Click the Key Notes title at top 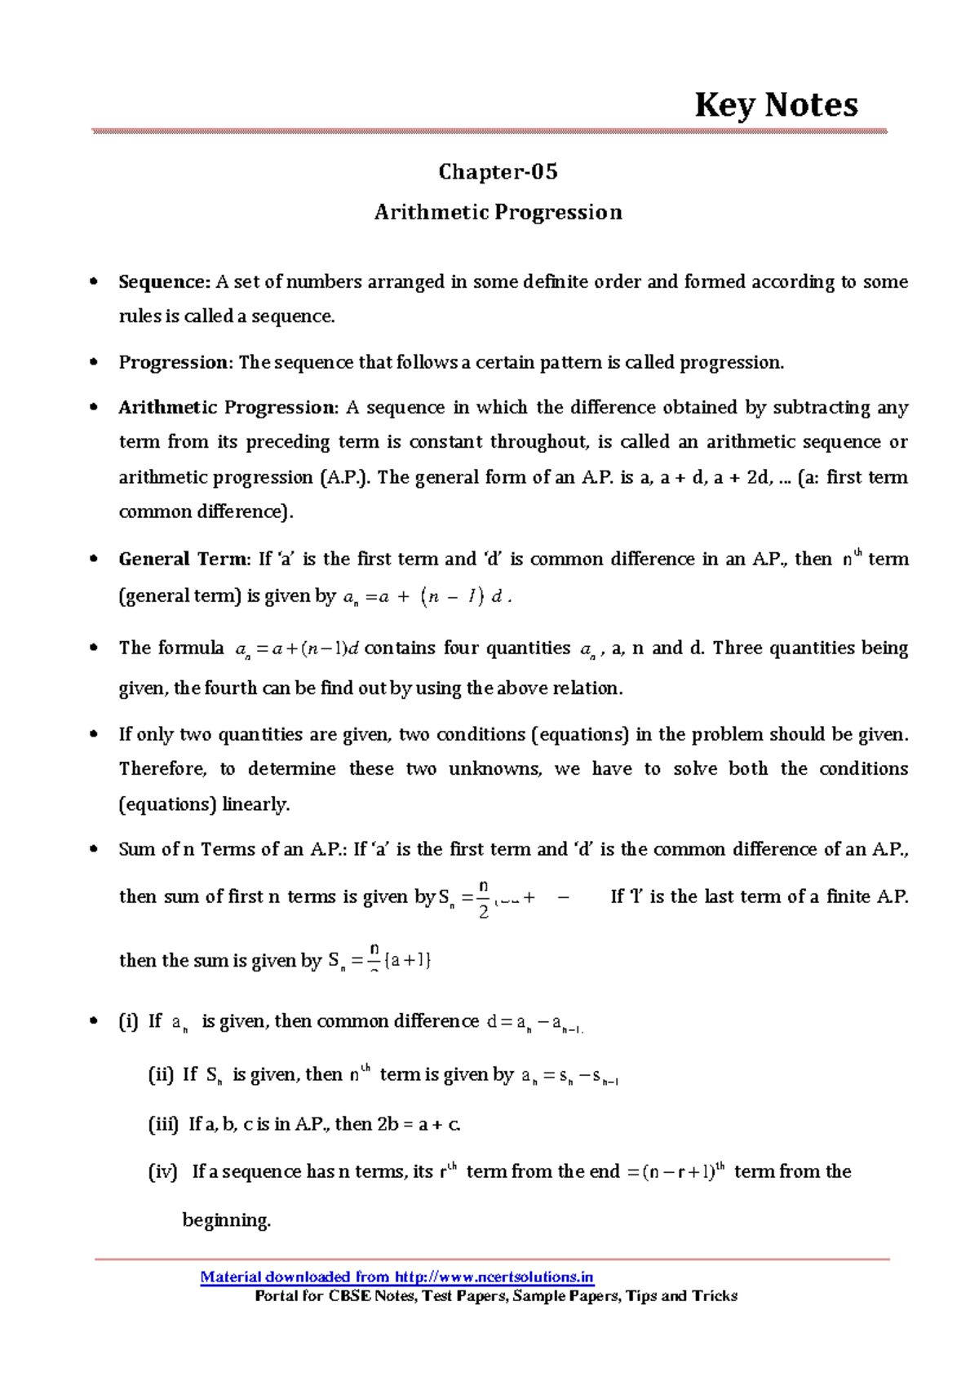(775, 105)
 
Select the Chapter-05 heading (498, 171)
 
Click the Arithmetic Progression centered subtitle (498, 212)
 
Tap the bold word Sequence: (164, 282)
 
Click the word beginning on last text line (226, 1221)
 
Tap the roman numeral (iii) (162, 1125)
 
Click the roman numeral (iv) (162, 1172)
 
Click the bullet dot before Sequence (95, 282)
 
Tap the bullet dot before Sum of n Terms (95, 850)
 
